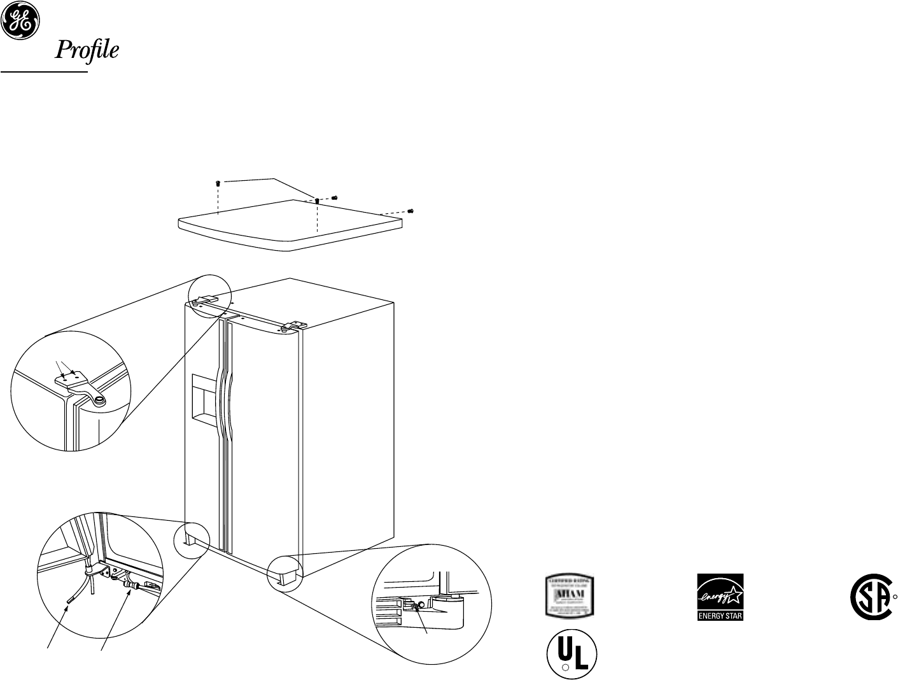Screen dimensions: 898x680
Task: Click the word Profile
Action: pos(87,50)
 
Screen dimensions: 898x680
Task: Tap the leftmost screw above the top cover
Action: pos(218,183)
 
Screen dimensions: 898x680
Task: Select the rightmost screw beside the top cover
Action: pos(410,210)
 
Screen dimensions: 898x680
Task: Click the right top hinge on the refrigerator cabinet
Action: pos(291,325)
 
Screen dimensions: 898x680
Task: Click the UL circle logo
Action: pos(572,654)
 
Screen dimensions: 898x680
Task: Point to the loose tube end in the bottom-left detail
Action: pos(69,599)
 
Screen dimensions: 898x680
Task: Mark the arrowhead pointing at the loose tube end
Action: pos(66,608)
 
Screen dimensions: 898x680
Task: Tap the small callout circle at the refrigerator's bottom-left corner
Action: pos(192,538)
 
